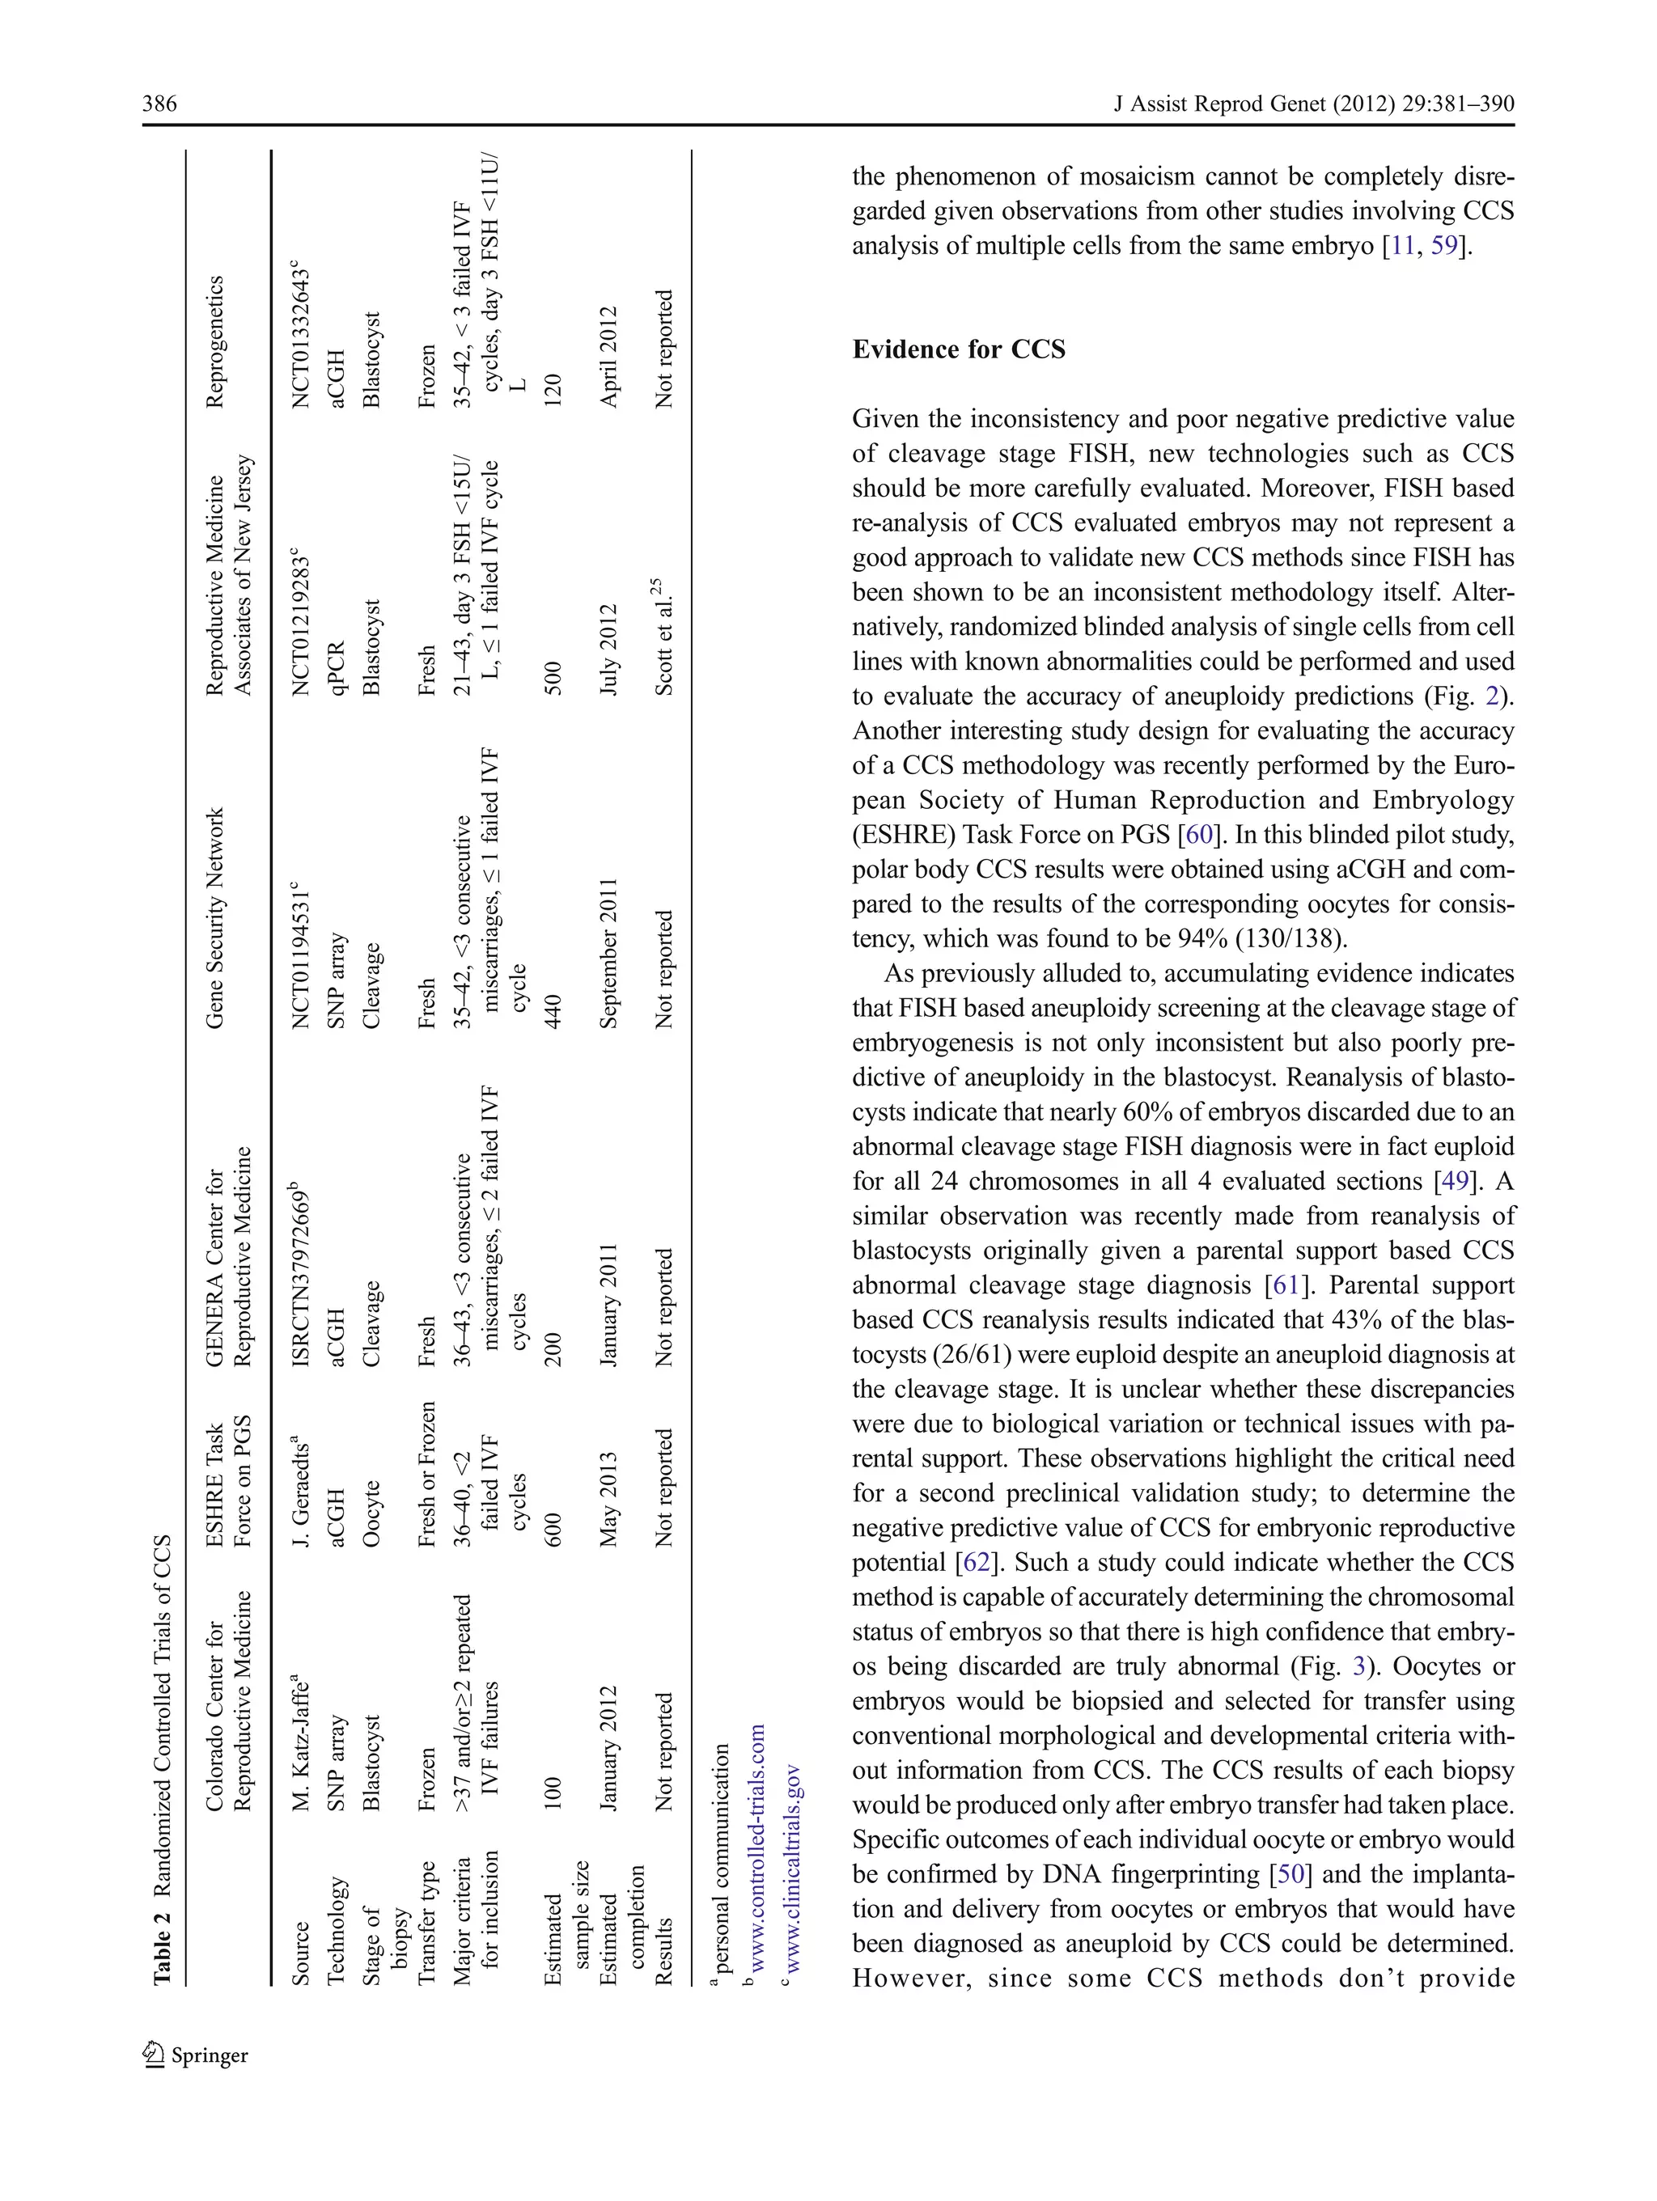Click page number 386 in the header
click(x=159, y=104)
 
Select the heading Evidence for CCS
click(x=959, y=349)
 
